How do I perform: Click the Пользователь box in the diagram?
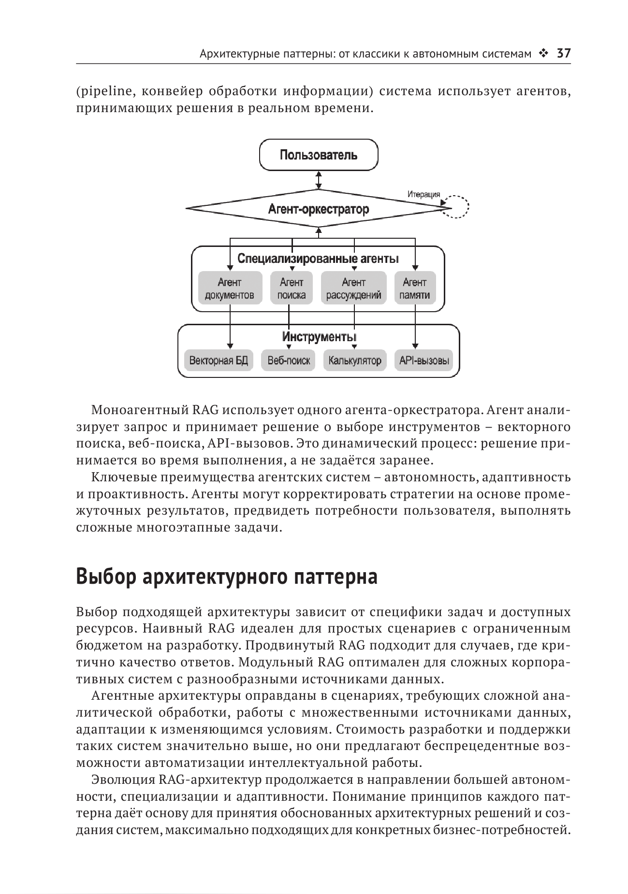319,155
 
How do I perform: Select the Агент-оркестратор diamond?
318,209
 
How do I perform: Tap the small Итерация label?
424,195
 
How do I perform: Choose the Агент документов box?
230,288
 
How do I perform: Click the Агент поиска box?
292,288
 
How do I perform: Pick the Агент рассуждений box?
353,288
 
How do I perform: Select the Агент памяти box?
414,288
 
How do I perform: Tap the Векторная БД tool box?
219,360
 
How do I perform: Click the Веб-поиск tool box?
289,360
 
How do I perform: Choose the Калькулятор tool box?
354,360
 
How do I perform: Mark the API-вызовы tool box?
424,360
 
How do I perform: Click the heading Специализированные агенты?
318,259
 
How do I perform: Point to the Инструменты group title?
319,336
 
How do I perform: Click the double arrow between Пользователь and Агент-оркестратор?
318,180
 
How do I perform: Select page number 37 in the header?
564,53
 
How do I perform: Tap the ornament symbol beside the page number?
544,53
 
